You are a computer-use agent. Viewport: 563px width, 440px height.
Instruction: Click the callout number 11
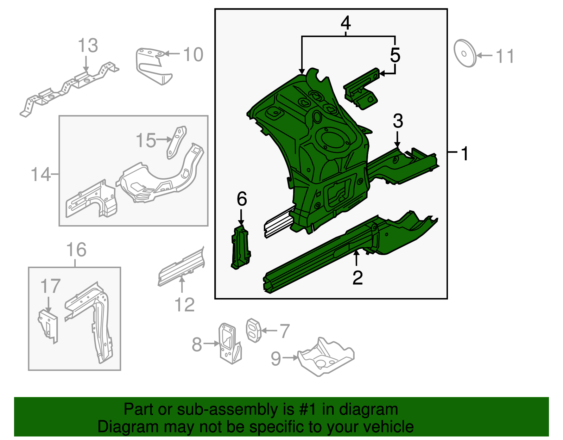click(x=505, y=56)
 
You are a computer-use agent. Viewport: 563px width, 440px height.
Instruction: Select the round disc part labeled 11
click(x=464, y=54)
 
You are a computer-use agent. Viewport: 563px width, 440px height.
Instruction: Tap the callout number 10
click(x=193, y=55)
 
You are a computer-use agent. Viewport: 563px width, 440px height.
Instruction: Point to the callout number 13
click(x=88, y=46)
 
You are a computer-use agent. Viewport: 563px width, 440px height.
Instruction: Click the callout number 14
click(x=40, y=174)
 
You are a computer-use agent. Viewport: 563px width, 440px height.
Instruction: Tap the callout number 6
click(x=242, y=199)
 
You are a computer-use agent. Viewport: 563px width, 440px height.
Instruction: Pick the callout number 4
click(x=346, y=23)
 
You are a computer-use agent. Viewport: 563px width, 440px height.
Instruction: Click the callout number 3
click(x=398, y=121)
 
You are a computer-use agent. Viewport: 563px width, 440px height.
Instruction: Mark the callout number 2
click(x=358, y=278)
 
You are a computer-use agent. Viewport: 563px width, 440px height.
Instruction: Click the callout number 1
click(x=465, y=154)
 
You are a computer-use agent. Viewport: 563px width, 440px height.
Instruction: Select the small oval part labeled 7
click(x=253, y=330)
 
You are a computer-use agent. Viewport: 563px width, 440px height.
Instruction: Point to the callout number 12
click(x=184, y=305)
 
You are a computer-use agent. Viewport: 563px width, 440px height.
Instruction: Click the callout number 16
click(x=76, y=250)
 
